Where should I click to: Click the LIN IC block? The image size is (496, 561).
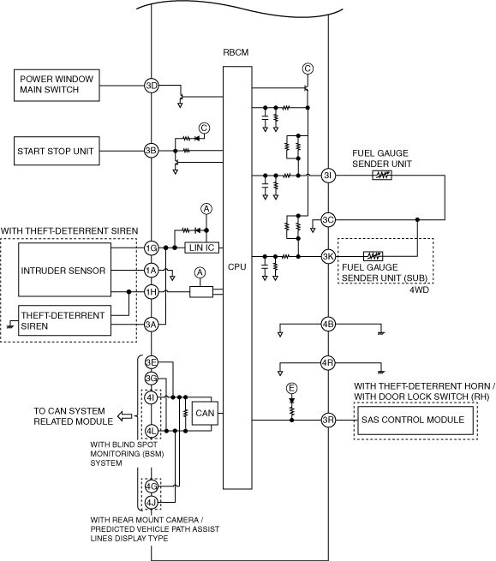click(x=201, y=248)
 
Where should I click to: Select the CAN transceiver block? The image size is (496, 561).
click(x=205, y=414)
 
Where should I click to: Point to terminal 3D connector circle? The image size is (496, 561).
click(x=152, y=86)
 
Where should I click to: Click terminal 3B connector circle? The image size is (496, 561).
click(x=152, y=151)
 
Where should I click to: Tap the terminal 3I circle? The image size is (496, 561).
click(x=328, y=176)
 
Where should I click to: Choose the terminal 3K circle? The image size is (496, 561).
click(x=328, y=257)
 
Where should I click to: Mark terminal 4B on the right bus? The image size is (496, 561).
click(x=328, y=324)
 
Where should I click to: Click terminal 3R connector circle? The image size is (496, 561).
click(x=328, y=420)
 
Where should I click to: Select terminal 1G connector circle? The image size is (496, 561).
click(x=152, y=248)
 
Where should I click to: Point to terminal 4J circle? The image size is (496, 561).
click(x=152, y=503)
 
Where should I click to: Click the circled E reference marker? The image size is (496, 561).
click(x=291, y=388)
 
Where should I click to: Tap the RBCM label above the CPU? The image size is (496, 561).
click(x=236, y=52)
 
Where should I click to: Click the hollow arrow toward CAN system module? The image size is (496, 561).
click(x=125, y=416)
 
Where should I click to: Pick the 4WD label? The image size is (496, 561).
click(x=419, y=289)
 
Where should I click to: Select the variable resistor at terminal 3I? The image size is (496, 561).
click(x=382, y=176)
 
